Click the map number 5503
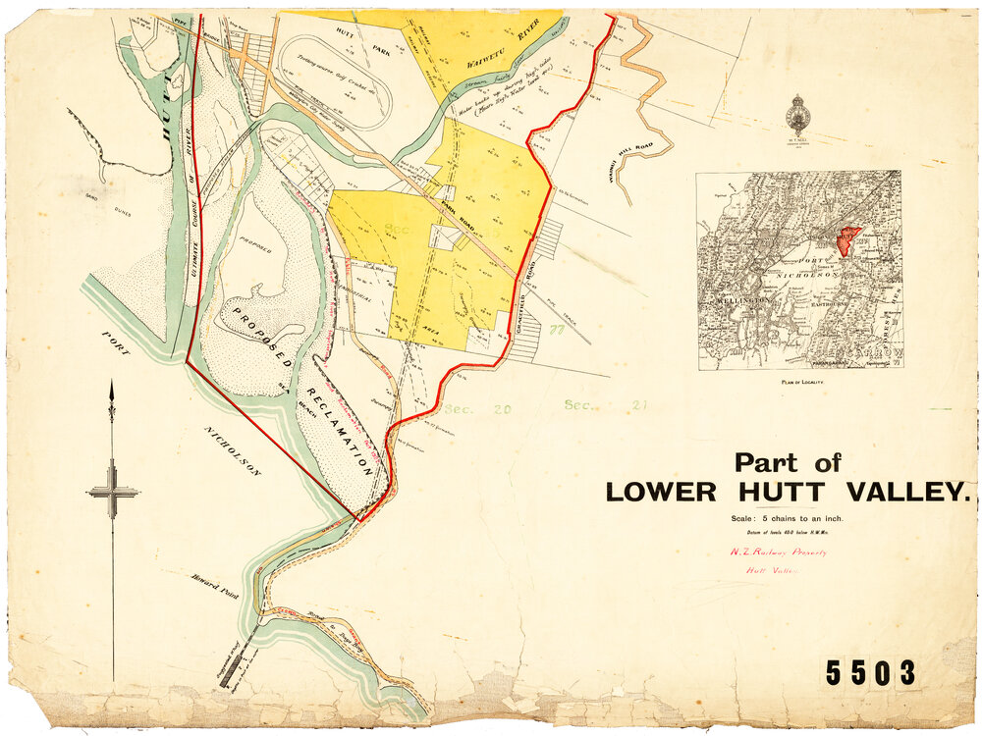(x=870, y=673)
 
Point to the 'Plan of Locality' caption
(x=801, y=380)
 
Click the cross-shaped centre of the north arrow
(x=112, y=492)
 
